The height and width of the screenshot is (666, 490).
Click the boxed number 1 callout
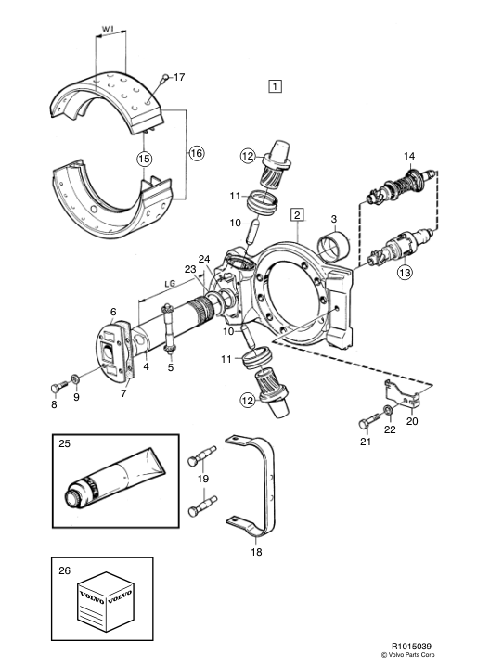(x=275, y=86)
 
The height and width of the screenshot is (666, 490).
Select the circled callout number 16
(x=197, y=153)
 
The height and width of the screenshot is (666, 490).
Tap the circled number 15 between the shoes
(x=144, y=159)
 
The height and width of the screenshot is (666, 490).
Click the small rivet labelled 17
(x=164, y=78)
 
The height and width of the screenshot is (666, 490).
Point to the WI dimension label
(x=108, y=30)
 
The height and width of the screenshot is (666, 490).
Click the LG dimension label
(x=170, y=284)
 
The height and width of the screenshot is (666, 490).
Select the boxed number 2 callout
(x=297, y=214)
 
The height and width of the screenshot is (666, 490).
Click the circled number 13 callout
(x=405, y=272)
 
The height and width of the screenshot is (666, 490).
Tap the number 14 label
(x=409, y=157)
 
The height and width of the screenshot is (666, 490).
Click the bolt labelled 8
(x=58, y=387)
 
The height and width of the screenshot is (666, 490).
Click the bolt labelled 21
(x=369, y=421)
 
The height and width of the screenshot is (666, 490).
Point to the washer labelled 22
(x=388, y=411)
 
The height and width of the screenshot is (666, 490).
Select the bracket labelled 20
(x=403, y=394)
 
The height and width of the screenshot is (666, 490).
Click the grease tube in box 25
(x=114, y=477)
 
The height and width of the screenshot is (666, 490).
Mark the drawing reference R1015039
(x=408, y=646)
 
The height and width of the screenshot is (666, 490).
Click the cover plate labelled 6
(x=111, y=349)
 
